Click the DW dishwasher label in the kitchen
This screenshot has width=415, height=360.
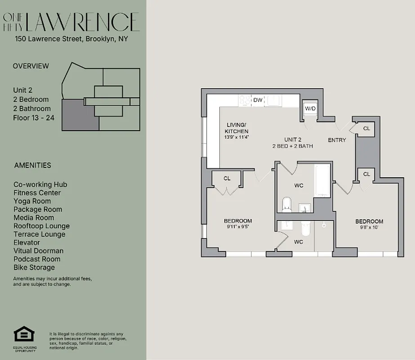pyautogui.click(x=258, y=100)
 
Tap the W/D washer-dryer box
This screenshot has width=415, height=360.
pyautogui.click(x=310, y=108)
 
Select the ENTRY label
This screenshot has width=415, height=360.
pyautogui.click(x=337, y=140)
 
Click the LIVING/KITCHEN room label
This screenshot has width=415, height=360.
pyautogui.click(x=237, y=128)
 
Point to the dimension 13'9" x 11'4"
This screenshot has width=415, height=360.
pyautogui.click(x=237, y=137)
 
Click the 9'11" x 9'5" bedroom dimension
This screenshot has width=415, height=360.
pyautogui.click(x=238, y=227)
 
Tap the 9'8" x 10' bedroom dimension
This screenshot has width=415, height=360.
pyautogui.click(x=369, y=228)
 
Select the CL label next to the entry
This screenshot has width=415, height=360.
pyautogui.click(x=366, y=129)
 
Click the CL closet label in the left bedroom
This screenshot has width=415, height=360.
pyautogui.click(x=227, y=179)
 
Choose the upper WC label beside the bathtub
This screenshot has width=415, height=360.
pyautogui.click(x=299, y=185)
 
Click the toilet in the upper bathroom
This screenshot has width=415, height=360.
pyautogui.click(x=286, y=205)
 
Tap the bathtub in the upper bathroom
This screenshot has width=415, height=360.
pyautogui.click(x=323, y=181)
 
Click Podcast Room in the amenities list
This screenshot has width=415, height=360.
pyautogui.click(x=37, y=259)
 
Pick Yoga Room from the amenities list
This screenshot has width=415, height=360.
pyautogui.click(x=32, y=201)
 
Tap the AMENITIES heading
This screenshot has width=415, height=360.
pyautogui.click(x=32, y=165)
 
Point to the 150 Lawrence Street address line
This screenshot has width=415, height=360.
pyautogui.click(x=71, y=39)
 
